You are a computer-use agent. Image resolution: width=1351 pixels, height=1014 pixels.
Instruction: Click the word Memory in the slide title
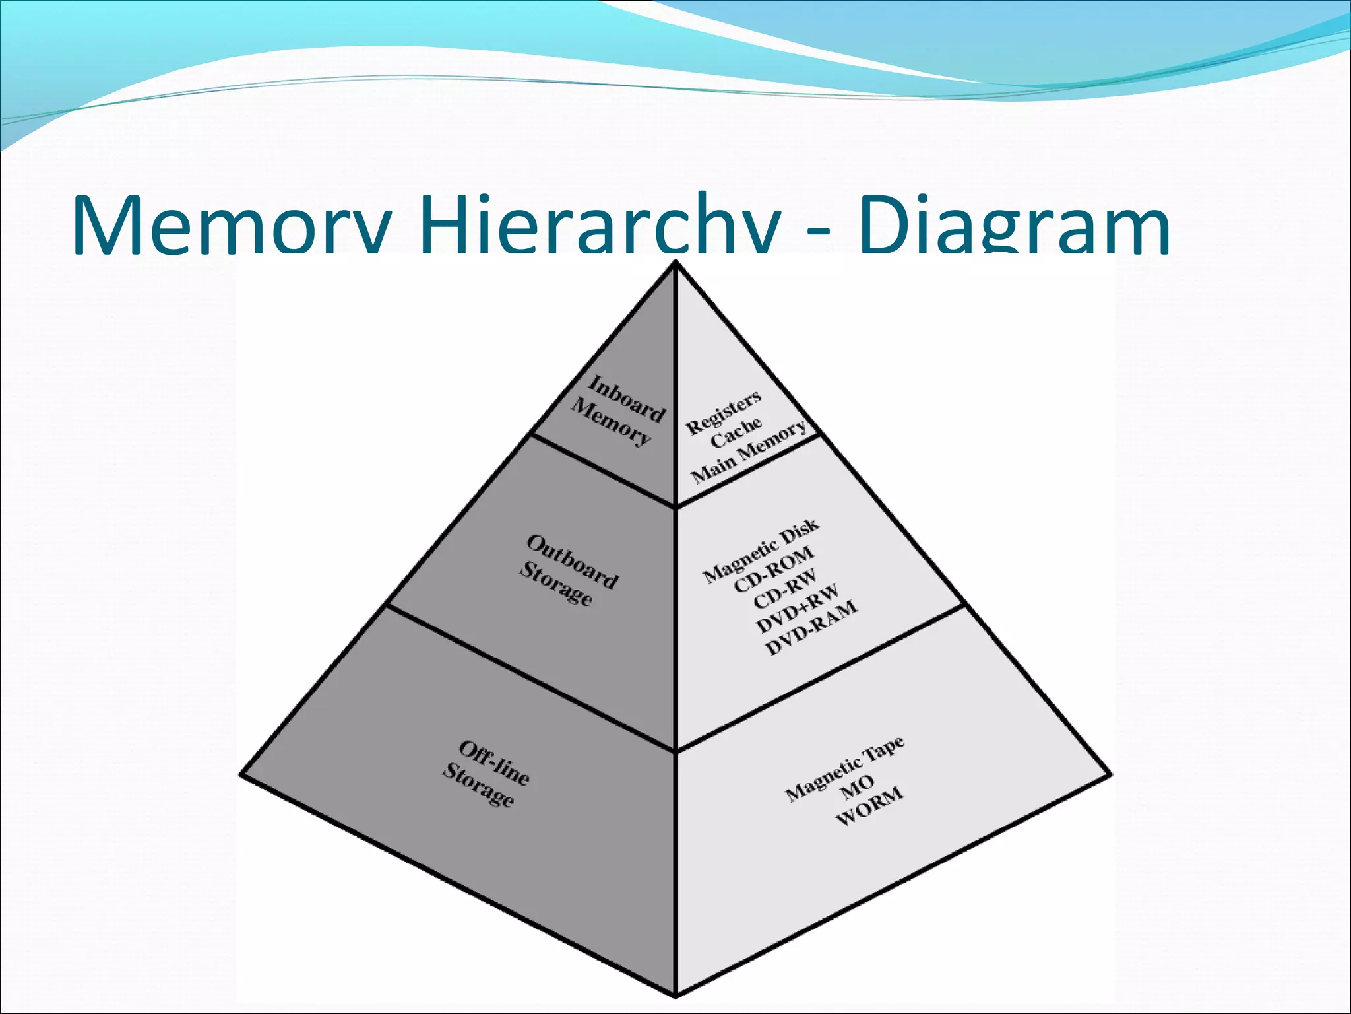[x=232, y=224]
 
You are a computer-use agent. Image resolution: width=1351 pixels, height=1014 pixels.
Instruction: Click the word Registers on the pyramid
[x=724, y=412]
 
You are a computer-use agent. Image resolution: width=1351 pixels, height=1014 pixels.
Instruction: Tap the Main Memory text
[x=749, y=452]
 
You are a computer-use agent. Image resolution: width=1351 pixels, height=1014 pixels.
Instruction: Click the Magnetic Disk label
[x=761, y=551]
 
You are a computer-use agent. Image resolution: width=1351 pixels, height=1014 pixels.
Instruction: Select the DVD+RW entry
[x=798, y=608]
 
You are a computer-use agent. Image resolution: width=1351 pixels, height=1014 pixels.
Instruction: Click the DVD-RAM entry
[x=812, y=628]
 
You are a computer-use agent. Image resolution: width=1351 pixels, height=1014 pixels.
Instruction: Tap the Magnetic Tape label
[x=844, y=768]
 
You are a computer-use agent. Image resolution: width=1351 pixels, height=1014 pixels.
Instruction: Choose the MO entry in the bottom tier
[x=858, y=787]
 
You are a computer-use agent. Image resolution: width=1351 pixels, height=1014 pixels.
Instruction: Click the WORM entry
[x=869, y=806]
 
